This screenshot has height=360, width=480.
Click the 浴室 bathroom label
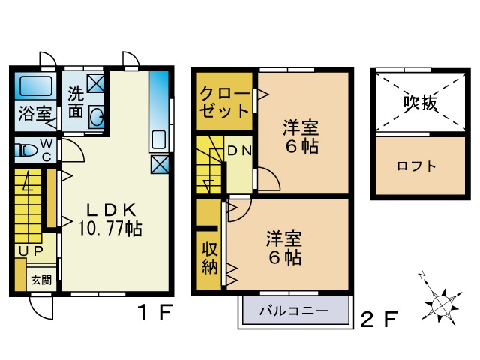point(34,115)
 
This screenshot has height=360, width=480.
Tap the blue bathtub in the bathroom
point(34,87)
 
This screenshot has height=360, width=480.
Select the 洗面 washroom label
point(76,102)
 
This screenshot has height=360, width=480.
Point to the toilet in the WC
point(27,151)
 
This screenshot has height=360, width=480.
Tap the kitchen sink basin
point(159,140)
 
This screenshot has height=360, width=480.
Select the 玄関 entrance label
point(41,280)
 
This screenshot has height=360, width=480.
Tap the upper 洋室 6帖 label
point(301,136)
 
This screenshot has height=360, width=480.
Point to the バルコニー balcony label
point(294,309)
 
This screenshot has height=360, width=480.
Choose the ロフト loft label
point(417,166)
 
